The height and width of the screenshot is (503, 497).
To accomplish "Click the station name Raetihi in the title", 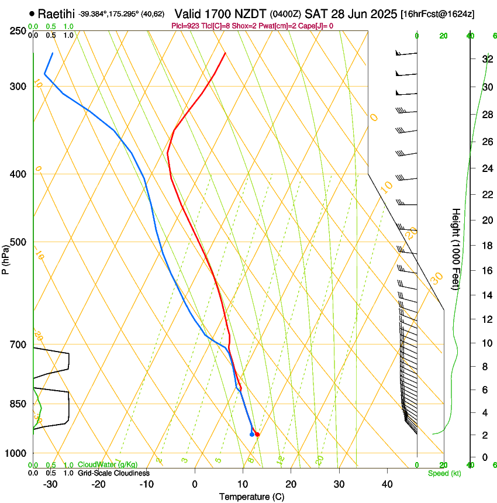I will [x=57, y=13].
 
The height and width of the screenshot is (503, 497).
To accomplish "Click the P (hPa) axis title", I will [x=5, y=257].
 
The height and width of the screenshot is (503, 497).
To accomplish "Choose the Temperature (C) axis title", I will [x=251, y=497].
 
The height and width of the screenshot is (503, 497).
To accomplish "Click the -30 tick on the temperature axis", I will [x=50, y=484].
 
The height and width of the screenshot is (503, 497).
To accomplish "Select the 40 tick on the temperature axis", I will [x=387, y=484].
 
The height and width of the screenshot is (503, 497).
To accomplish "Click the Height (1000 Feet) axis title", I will [x=456, y=249].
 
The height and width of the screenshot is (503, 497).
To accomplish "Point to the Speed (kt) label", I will [x=444, y=473].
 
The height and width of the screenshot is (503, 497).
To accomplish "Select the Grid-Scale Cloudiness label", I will [x=113, y=473].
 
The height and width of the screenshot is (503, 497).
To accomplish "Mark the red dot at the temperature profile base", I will [x=257, y=434].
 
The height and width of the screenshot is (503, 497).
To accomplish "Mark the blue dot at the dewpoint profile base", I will [x=251, y=434].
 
